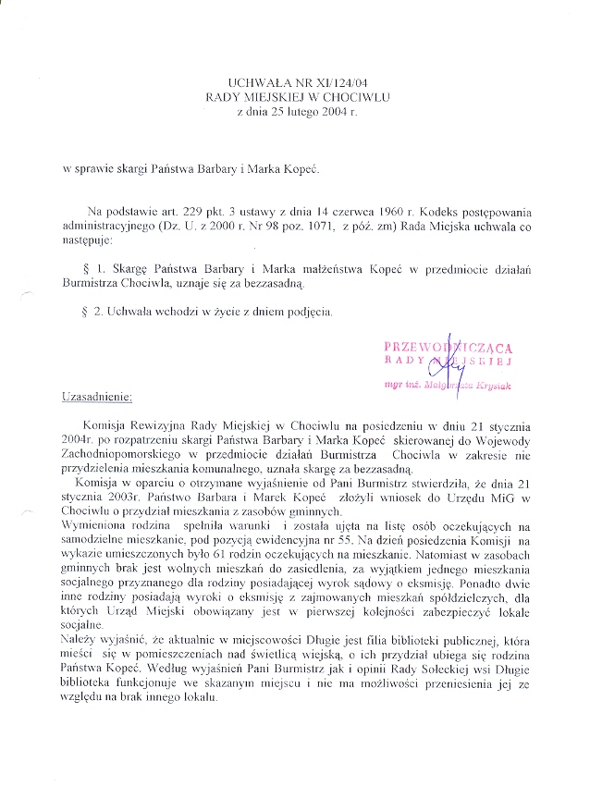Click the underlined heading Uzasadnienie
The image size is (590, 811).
pyautogui.click(x=97, y=398)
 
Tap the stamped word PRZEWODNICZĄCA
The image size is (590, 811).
pyautogui.click(x=448, y=347)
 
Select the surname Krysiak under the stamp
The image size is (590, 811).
pyautogui.click(x=492, y=382)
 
